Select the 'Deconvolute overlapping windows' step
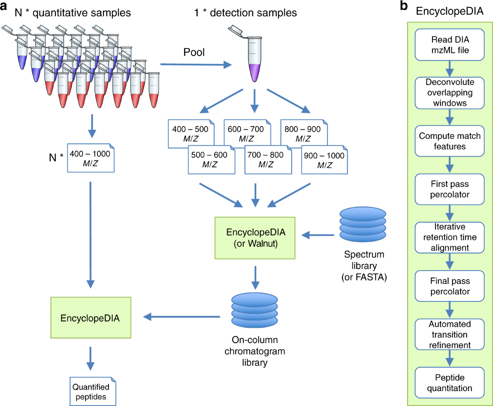click(450, 92)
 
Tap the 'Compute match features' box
click(450, 141)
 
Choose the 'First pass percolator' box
click(450, 189)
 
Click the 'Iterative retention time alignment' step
click(450, 237)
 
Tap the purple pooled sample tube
click(255, 57)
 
